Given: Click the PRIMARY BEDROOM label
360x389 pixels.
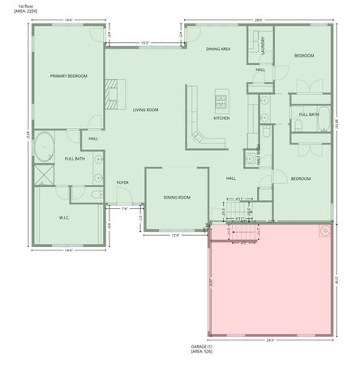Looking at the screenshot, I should click(68, 76).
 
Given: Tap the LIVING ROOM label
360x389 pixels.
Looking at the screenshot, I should click(145, 109).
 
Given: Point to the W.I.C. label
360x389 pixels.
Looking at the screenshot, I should click(66, 217).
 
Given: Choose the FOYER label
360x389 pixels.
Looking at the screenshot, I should click(122, 182).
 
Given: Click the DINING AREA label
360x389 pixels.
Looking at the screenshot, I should click(218, 49).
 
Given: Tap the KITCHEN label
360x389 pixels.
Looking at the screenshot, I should click(221, 118).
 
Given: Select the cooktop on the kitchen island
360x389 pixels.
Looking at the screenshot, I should click(221, 100).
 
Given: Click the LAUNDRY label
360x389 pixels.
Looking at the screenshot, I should click(264, 49).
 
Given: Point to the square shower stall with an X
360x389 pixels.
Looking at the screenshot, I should click(42, 174).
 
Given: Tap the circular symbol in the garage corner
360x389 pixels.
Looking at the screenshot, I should click(324, 230).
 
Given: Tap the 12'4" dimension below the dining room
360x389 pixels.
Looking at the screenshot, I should click(174, 237).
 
